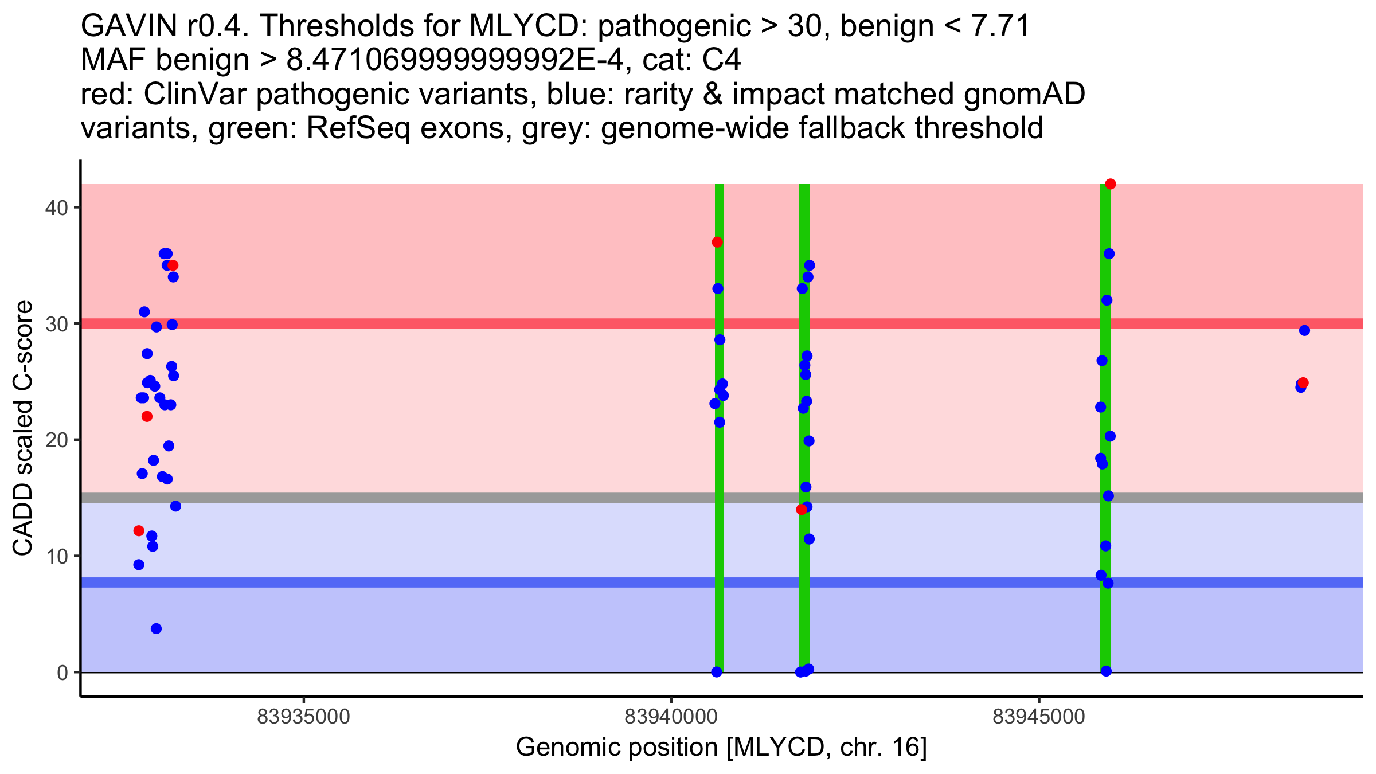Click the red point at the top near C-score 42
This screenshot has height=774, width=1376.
1111,184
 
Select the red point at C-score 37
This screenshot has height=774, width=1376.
717,242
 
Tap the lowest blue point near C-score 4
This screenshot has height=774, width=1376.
156,628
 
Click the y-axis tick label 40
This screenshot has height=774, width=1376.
56,207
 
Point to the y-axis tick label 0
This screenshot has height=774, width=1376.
62,672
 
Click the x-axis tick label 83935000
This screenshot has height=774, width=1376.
303,717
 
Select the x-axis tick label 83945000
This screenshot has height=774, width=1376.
1039,717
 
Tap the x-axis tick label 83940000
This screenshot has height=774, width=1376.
671,717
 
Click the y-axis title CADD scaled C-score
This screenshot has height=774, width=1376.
23,428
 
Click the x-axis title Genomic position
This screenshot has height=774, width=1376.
721,747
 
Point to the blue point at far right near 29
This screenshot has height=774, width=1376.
1304,330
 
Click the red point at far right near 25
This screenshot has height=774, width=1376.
1303,382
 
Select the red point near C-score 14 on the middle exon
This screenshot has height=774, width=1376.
802,509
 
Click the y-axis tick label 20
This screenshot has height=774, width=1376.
56,440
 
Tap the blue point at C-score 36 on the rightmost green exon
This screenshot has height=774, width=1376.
1109,253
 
